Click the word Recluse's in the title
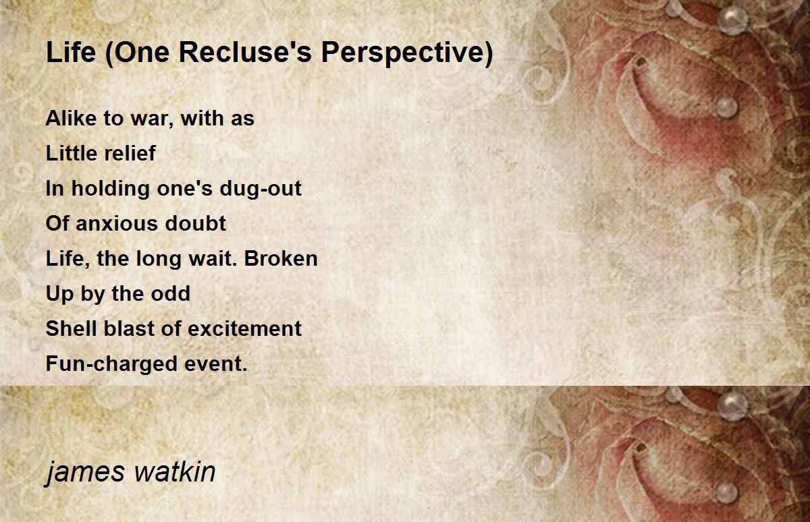tap(245, 52)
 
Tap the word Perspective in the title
tap(402, 53)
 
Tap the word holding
tap(110, 189)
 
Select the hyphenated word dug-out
tap(261, 189)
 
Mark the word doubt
tap(195, 223)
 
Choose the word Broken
tap(281, 259)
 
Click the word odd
tap(170, 293)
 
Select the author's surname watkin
tap(175, 471)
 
